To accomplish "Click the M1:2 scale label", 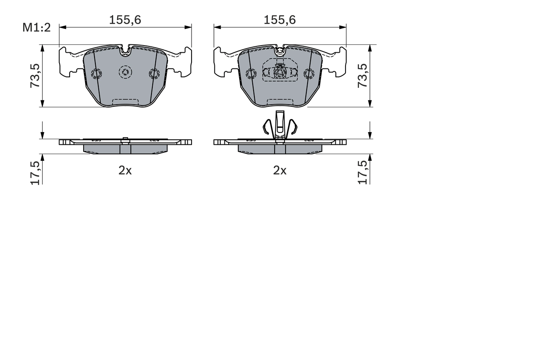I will (x=36, y=28).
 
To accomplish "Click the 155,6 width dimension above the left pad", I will (x=125, y=20).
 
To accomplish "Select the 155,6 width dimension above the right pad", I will (x=280, y=20).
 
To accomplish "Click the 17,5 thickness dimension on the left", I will (x=35, y=173).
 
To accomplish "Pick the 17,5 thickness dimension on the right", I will (x=363, y=173).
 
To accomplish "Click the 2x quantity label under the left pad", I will (x=125, y=171).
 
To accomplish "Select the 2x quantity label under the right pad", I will (x=280, y=171).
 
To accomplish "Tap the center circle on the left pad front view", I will (x=125, y=73).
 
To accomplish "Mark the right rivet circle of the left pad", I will (x=154, y=74).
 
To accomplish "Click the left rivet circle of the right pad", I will (x=251, y=74).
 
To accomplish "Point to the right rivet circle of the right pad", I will (x=309, y=74).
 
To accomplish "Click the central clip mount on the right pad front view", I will (x=279, y=72).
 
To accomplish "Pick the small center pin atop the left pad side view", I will (x=125, y=139).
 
